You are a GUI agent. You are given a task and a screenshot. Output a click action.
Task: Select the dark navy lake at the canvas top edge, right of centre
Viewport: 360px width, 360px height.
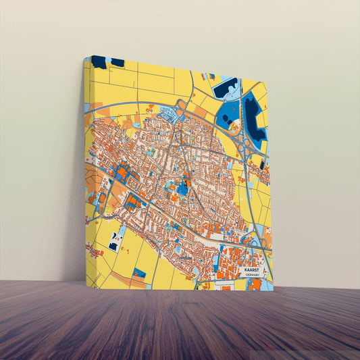point(224,88)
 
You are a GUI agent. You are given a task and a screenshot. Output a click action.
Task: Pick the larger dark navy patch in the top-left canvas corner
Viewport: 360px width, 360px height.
point(99,62)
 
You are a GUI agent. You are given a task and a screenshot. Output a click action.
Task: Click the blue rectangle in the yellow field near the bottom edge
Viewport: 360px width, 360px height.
point(139,273)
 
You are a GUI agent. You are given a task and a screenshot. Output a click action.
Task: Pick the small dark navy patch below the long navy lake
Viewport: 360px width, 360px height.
point(261,164)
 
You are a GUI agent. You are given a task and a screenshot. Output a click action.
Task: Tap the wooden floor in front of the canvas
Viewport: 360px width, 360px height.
point(180,324)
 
